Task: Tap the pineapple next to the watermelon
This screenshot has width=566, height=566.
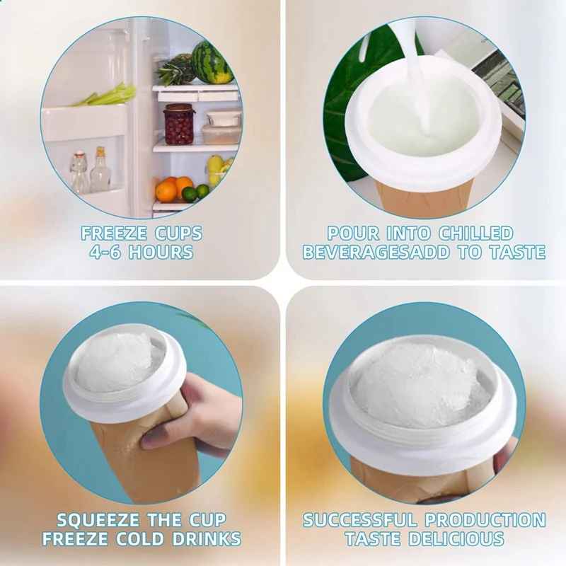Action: tap(175, 70)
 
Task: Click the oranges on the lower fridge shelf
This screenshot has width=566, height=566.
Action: tap(173, 189)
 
